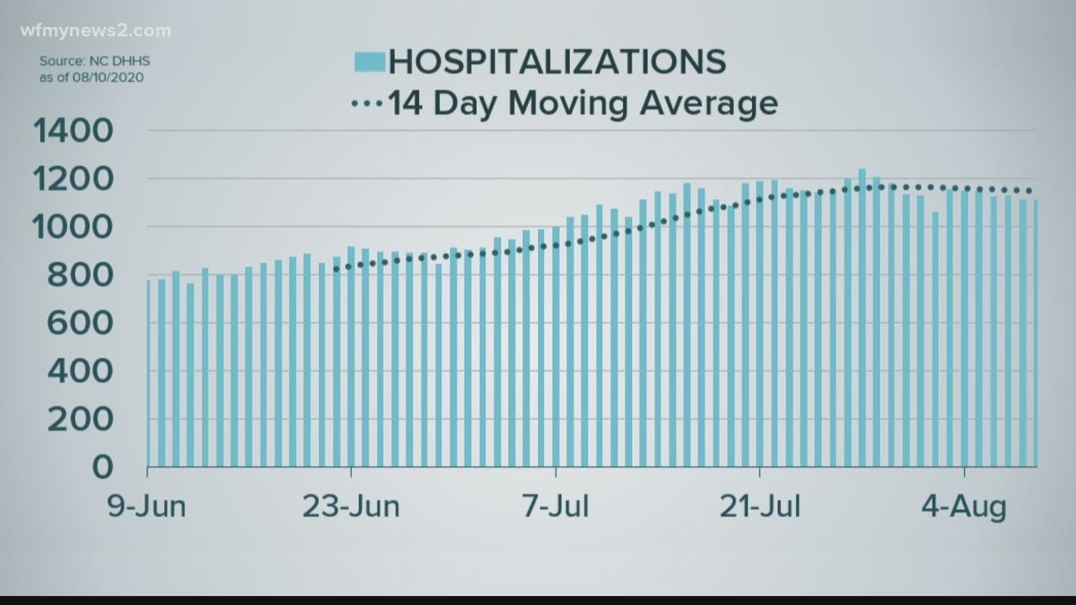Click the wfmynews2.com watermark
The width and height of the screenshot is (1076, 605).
[x=95, y=31]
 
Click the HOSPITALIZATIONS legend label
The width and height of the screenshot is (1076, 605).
[x=557, y=61]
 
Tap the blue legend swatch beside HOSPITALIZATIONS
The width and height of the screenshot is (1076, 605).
[x=369, y=62]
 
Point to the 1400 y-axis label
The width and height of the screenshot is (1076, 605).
[x=73, y=131]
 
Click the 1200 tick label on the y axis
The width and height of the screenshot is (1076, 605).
[x=73, y=179]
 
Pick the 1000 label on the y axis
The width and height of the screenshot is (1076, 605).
[x=73, y=227]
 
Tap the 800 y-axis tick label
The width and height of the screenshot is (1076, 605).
[x=80, y=276]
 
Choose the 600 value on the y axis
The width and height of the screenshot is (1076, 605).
[x=80, y=323]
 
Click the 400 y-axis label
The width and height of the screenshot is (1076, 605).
[x=80, y=371]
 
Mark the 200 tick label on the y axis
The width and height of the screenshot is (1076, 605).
[x=80, y=419]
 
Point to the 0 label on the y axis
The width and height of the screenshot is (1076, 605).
[x=103, y=467]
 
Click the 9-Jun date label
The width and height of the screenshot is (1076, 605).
[x=147, y=506]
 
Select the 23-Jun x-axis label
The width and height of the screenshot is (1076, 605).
[x=351, y=506]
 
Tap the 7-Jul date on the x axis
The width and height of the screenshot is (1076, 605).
[x=556, y=506]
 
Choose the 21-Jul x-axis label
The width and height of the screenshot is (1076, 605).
[x=760, y=506]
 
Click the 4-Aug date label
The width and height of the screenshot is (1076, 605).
[x=964, y=506]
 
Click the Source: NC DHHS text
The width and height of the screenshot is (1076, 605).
[x=95, y=61]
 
